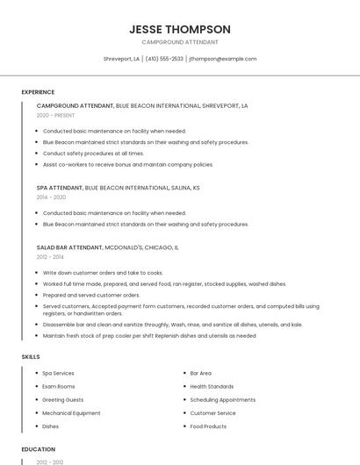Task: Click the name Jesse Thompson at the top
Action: [180, 29]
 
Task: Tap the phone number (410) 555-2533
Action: [164, 59]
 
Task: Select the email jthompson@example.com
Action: [223, 59]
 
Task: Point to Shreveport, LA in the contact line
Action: [121, 59]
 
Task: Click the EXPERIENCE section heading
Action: [38, 92]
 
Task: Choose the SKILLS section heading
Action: [31, 357]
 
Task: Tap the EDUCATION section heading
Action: [39, 449]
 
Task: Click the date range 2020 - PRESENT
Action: [55, 115]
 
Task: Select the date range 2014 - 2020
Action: [51, 197]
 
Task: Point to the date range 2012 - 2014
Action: [50, 257]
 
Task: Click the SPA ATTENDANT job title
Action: [60, 188]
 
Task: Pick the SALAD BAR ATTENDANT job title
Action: [69, 247]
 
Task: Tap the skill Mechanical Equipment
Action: [71, 412]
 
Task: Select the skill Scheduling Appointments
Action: [222, 399]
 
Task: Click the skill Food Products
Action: [208, 426]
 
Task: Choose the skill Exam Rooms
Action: [59, 386]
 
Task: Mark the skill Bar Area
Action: [200, 373]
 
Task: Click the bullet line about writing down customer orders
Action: [103, 273]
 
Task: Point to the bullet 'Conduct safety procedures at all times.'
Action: [93, 153]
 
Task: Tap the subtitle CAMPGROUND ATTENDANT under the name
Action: [180, 42]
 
